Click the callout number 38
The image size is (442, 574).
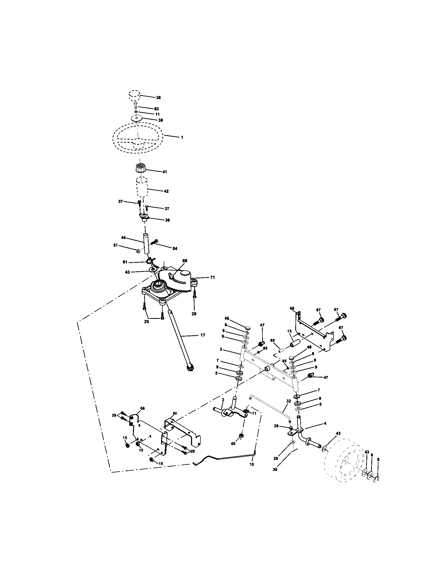tap(158, 98)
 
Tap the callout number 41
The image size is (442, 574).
tap(165, 172)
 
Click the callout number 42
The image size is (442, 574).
tap(166, 191)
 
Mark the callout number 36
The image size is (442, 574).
tap(167, 220)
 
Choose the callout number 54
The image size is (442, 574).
tap(175, 248)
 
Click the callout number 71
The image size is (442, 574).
tap(212, 277)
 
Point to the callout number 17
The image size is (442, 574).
tap(203, 335)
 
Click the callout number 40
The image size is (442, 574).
tap(233, 443)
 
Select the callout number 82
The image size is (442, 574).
tap(175, 413)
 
